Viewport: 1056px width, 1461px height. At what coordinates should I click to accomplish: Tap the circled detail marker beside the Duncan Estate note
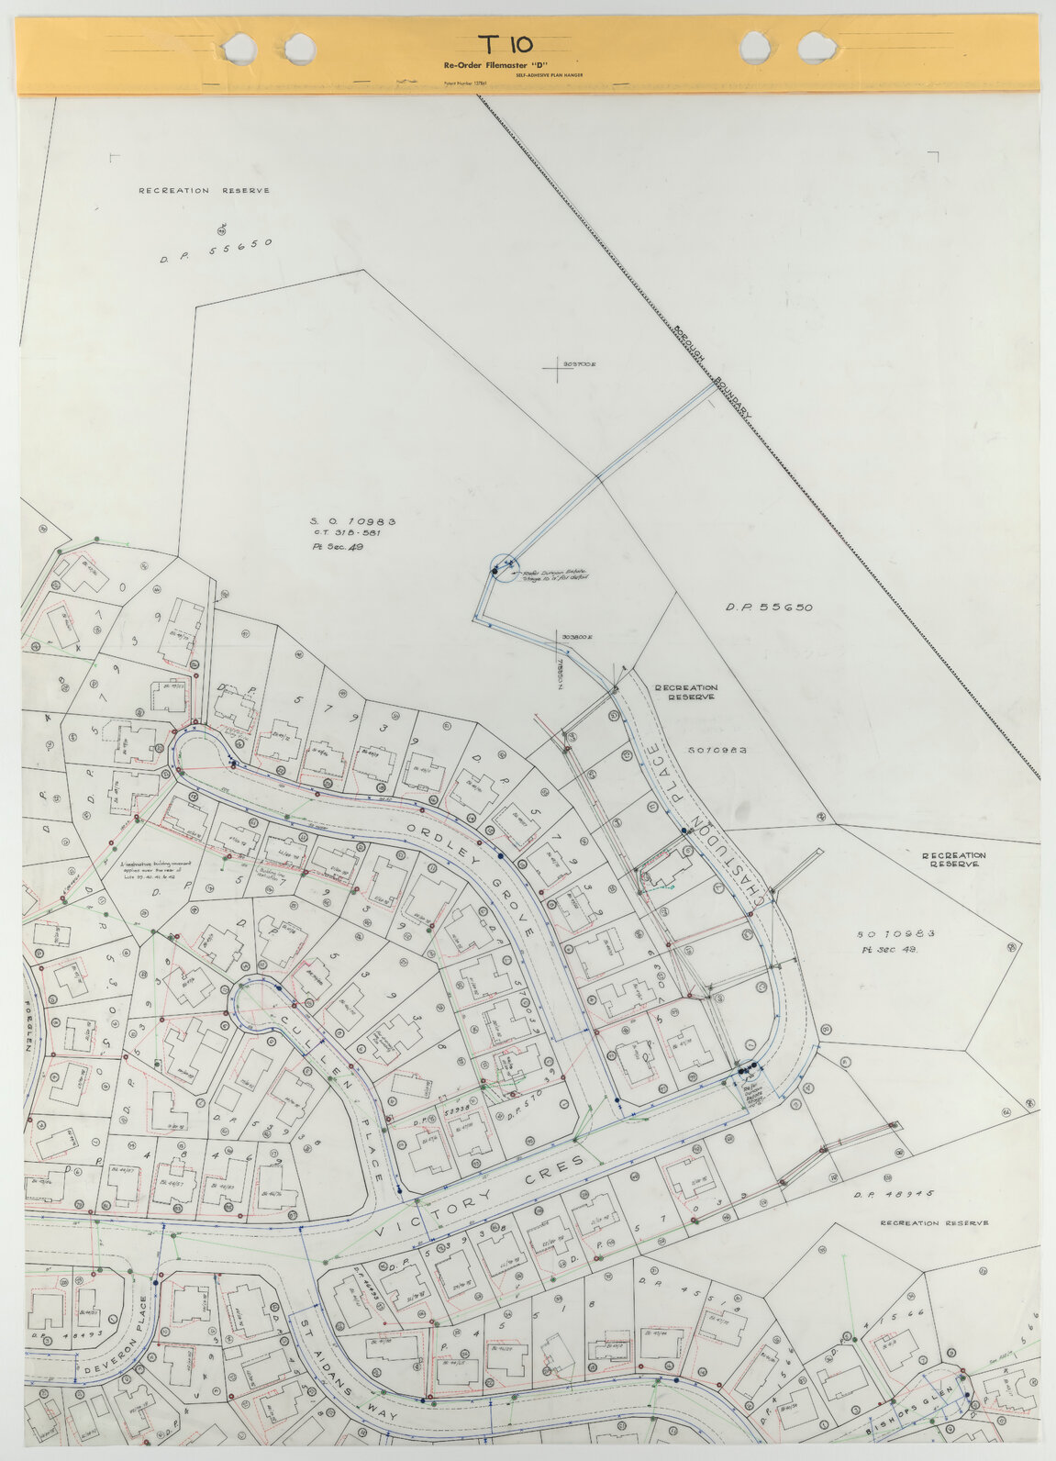coord(503,568)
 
